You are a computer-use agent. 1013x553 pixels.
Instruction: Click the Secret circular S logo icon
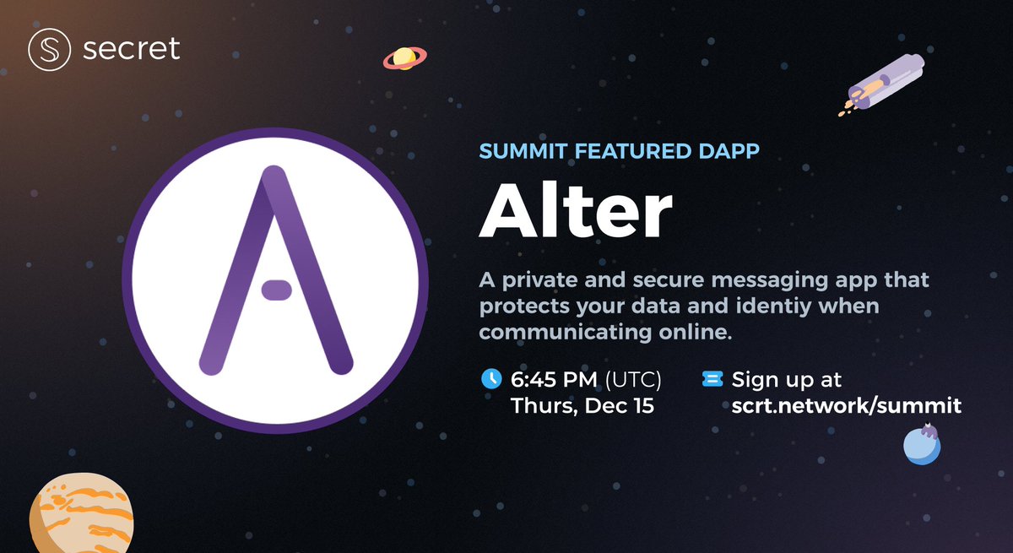[48, 50]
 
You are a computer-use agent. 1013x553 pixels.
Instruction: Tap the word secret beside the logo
[132, 49]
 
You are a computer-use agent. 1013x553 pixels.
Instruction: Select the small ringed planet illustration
[404, 58]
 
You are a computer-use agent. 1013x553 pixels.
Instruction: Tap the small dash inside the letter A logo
[276, 290]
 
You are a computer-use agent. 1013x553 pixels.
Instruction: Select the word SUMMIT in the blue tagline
[522, 152]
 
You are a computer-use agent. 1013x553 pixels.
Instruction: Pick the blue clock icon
[490, 378]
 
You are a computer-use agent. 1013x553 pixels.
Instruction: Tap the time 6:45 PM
[555, 378]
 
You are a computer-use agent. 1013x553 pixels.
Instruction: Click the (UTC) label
[633, 378]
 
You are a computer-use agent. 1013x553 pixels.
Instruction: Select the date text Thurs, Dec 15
[582, 406]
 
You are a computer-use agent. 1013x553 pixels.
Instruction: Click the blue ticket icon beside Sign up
[712, 379]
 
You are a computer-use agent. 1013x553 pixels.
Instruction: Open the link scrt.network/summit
[847, 406]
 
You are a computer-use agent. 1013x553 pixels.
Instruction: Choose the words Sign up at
[787, 379]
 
